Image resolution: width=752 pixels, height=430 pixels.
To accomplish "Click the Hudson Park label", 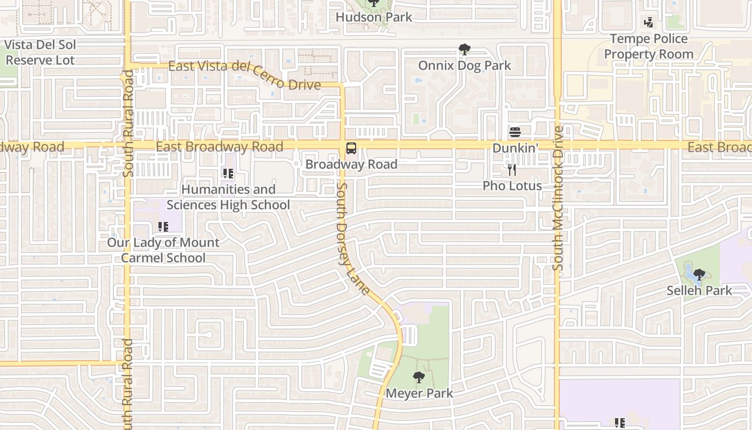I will pos(374,17).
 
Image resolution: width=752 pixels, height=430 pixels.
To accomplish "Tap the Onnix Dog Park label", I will pos(465,66).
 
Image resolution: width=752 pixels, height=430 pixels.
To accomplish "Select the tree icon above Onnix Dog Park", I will pos(465,50).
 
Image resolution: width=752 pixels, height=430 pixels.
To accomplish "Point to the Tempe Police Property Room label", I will pos(649,47).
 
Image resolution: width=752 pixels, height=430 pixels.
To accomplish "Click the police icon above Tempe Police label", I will pos(649,23).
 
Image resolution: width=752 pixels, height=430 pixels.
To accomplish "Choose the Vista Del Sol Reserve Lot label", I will pos(40,52).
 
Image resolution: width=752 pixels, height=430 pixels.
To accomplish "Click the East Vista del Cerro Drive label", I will pos(244,75).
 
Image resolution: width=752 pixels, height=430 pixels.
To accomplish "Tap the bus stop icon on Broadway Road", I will pos(351,148).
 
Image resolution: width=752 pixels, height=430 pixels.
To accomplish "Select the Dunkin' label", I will pos(515,147).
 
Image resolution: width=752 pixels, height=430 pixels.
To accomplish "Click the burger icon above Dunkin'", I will pos(515,132).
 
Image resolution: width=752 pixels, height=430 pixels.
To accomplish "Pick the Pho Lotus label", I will pos(512,186).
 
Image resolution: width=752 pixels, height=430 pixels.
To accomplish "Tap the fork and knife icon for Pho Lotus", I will pos(512,170).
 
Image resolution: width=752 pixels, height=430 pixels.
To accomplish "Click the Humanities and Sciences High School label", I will pos(228,197).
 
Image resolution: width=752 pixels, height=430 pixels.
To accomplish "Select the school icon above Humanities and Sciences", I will pos(228,174).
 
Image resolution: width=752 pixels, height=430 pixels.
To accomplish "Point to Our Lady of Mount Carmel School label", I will pos(163,250).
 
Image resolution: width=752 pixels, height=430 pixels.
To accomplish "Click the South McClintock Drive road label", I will pos(558,198).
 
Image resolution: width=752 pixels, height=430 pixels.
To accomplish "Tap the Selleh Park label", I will pos(699,291).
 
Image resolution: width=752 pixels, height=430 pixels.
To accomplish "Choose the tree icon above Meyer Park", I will pos(419,377).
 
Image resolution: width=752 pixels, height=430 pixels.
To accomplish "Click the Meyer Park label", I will pos(419,393).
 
